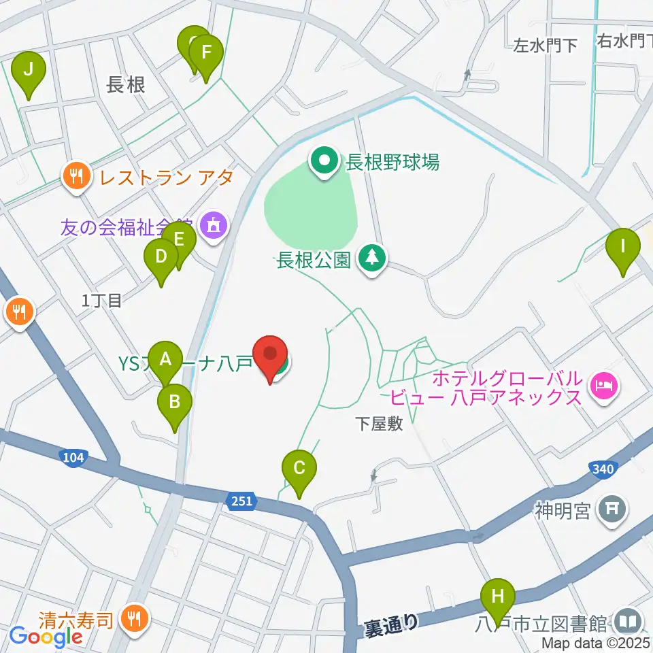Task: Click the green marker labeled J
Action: coord(29,69)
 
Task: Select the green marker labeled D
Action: coord(161,258)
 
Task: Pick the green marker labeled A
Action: coord(165,358)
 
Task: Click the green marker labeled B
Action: coord(175,402)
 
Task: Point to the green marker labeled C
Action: coord(299,469)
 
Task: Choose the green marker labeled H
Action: coord(498,598)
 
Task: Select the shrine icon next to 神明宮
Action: coord(611,509)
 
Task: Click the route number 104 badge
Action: coord(73,457)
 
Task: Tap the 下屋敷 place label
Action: coord(379,424)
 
